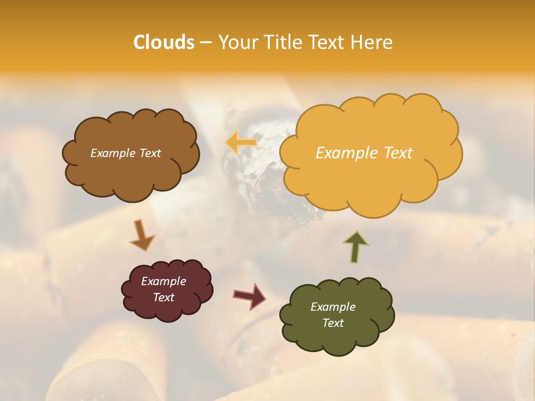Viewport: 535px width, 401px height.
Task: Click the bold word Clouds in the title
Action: [164, 42]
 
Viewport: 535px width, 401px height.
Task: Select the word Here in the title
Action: [372, 42]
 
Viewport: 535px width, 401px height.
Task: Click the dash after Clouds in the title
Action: [206, 42]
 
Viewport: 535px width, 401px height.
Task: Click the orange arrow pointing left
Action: [241, 143]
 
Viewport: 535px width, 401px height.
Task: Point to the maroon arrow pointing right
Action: [250, 296]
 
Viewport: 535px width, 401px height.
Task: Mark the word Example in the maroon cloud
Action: [163, 281]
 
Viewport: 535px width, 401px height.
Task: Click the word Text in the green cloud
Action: [333, 323]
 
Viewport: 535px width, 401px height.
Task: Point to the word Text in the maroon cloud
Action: [163, 297]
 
